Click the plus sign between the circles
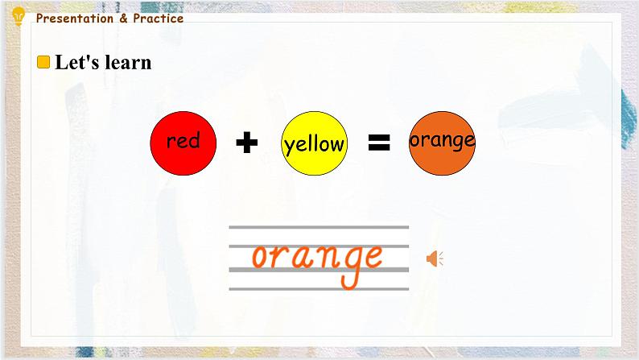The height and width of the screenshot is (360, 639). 247,143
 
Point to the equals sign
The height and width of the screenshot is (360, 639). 379,143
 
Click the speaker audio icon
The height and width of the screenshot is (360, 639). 435,259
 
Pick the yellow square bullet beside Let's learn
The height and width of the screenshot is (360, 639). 44,62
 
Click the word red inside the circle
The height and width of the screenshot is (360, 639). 183,142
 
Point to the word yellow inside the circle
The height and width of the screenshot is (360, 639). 314,145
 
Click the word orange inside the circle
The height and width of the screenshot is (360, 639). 442,140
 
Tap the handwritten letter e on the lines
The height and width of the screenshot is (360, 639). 371,257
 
